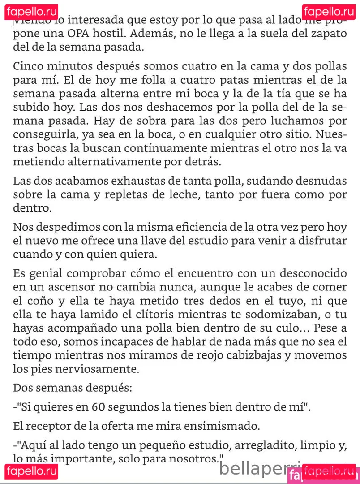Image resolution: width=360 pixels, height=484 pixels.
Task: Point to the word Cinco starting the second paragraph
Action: (x=28, y=66)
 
